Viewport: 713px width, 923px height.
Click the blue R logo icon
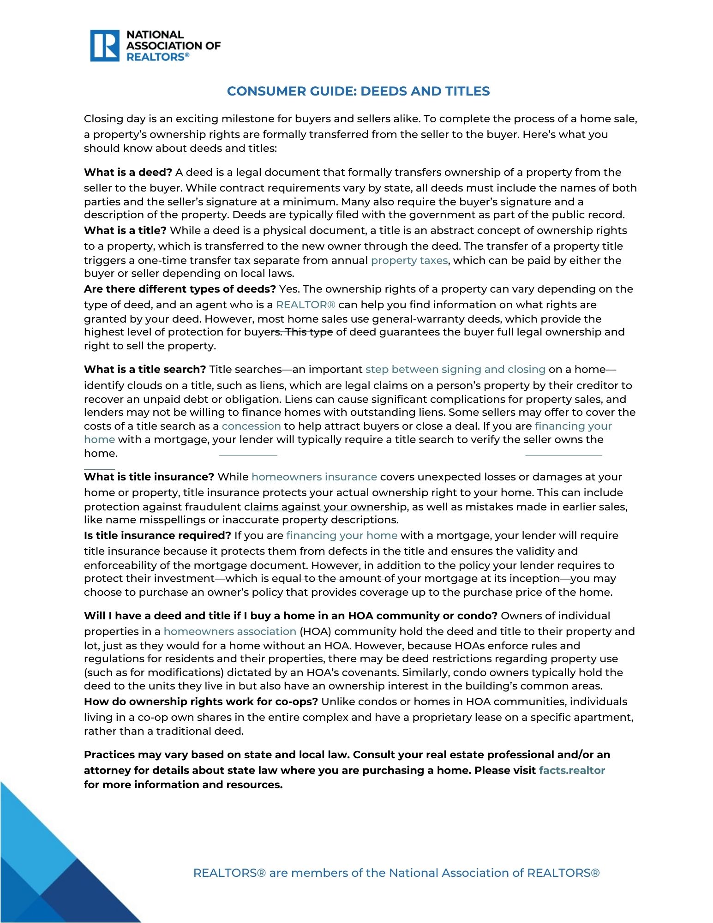point(105,46)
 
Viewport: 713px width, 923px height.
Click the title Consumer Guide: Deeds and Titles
point(358,91)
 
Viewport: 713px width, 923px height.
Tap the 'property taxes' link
point(409,260)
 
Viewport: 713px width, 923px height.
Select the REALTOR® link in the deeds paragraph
point(306,305)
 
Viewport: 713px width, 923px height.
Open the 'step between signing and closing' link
point(455,369)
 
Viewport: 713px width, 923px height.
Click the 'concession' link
point(251,426)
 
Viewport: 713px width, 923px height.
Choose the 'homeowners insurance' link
point(314,477)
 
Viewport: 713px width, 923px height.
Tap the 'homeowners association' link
point(230,631)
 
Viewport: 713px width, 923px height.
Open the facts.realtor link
point(571,770)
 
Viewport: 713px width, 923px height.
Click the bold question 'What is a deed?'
point(128,172)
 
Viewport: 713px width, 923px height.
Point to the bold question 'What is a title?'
point(125,230)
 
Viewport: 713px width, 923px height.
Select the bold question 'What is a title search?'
point(145,369)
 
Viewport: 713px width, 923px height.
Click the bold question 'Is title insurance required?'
point(157,535)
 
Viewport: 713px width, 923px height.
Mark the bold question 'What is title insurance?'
point(149,477)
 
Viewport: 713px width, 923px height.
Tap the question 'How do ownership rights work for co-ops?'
point(201,701)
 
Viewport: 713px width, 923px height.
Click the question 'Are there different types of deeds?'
point(180,289)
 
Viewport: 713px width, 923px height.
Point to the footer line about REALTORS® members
point(396,873)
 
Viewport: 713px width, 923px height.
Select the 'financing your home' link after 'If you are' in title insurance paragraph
point(342,535)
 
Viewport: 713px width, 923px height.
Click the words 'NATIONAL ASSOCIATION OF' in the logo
point(173,40)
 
